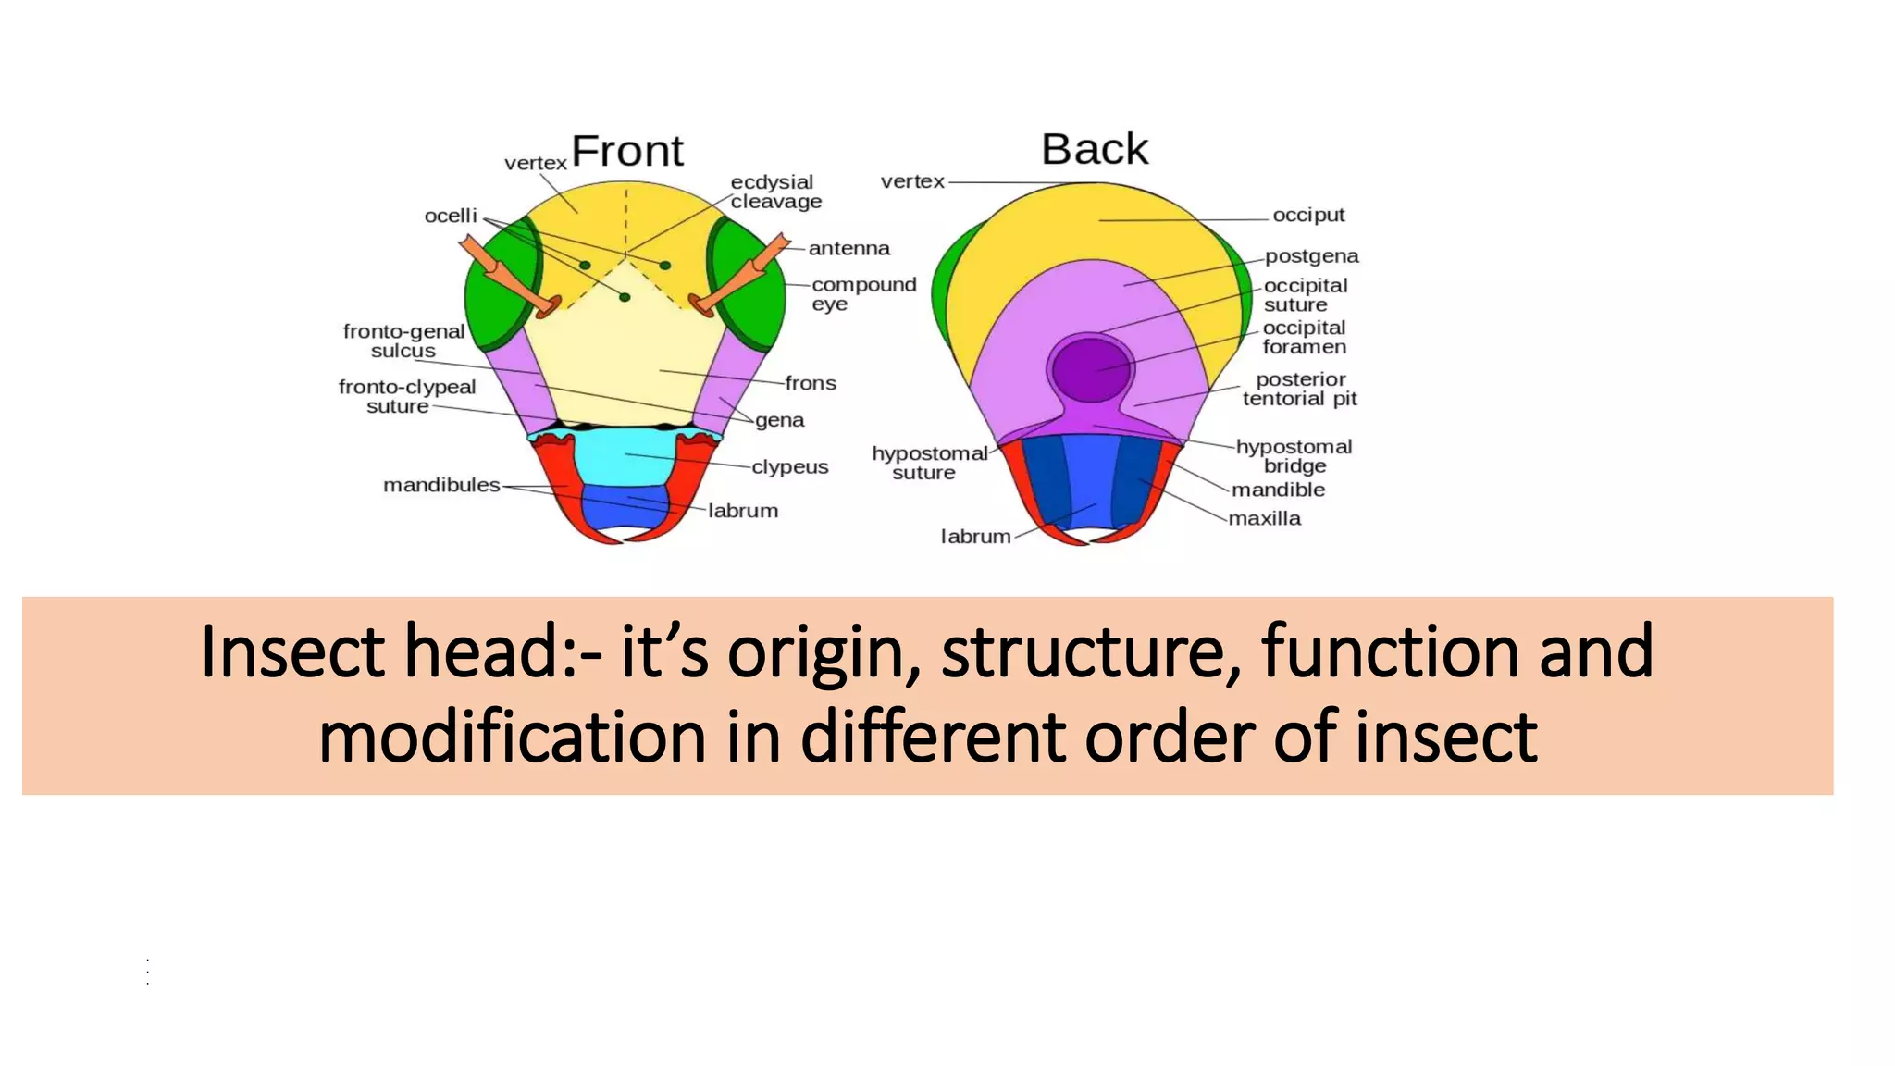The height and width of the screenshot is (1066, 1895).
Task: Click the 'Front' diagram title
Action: [626, 151]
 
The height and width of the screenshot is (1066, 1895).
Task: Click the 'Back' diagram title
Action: [1094, 149]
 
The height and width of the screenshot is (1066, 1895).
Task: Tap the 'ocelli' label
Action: [451, 216]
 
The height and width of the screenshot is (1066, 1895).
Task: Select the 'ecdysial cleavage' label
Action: [775, 192]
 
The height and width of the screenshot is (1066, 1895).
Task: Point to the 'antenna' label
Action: [848, 248]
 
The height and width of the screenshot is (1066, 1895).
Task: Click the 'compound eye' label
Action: [862, 293]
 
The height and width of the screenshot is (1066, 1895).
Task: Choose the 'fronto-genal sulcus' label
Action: [403, 341]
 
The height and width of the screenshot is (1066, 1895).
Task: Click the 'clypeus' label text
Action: [789, 466]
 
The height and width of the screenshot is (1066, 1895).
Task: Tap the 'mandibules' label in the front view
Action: [441, 485]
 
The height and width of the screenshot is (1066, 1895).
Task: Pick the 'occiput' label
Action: [1307, 215]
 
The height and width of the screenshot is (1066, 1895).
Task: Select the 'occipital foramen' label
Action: [1304, 337]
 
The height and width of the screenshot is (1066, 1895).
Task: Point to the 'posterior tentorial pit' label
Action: [1299, 389]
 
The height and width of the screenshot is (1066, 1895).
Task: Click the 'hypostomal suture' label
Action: [928, 463]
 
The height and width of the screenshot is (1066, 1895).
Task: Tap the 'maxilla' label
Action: [1264, 518]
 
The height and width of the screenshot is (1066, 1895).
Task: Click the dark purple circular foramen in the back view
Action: [1091, 367]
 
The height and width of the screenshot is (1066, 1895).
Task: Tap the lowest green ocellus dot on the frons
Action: [625, 297]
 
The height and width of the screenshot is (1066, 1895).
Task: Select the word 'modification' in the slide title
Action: [512, 737]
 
